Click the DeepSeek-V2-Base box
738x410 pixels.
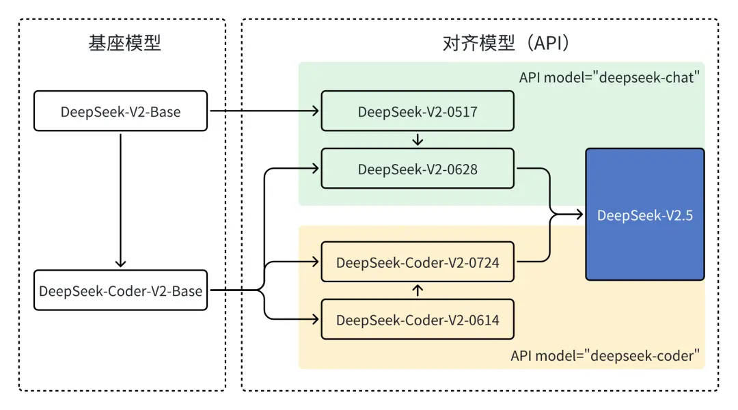click(120, 111)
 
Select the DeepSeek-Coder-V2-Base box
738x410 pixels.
click(120, 290)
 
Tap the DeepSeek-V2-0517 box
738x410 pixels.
click(418, 111)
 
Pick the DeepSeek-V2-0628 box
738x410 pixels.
click(418, 169)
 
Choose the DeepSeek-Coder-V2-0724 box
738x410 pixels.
click(418, 262)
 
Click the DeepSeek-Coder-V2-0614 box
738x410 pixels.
click(418, 319)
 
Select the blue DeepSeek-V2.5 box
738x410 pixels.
click(644, 215)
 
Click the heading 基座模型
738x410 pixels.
click(124, 44)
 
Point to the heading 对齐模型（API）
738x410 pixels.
click(506, 44)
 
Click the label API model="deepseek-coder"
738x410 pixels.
click(605, 355)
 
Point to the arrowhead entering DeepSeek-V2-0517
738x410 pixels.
click(316, 111)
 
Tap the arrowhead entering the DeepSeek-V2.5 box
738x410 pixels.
click(580, 215)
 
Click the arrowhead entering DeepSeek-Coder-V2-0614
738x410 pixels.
click(316, 319)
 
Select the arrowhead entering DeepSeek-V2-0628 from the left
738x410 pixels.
click(316, 169)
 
